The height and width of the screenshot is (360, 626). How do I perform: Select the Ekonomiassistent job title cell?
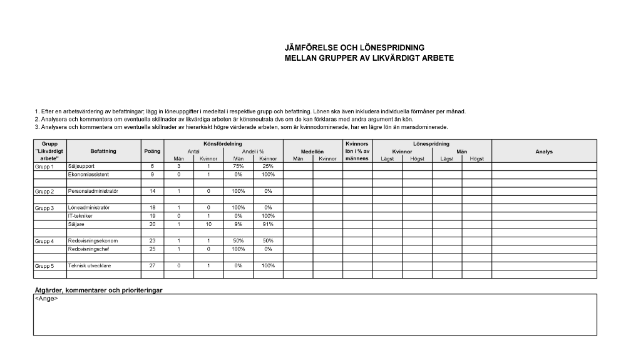tap(88, 175)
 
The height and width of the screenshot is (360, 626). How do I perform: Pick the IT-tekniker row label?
tap(80, 215)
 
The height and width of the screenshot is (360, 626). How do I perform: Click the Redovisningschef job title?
tap(89, 249)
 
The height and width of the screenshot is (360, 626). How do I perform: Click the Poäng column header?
tap(153, 152)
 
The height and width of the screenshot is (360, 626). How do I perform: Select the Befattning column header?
tap(103, 152)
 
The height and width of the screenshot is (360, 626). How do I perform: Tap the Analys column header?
tap(544, 152)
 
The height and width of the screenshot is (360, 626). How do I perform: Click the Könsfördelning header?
tap(223, 144)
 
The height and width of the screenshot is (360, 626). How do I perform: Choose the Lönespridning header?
tap(431, 144)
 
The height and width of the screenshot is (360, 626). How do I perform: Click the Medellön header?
tap(312, 152)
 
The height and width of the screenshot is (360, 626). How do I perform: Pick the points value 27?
tap(153, 265)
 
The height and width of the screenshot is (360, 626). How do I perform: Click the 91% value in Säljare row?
tap(268, 224)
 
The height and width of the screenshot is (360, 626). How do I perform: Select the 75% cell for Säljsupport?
tap(239, 167)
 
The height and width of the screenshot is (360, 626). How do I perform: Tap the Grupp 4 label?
tap(44, 241)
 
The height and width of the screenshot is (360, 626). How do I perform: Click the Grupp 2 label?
tap(44, 191)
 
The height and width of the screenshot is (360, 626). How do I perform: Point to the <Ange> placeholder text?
tap(46, 299)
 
